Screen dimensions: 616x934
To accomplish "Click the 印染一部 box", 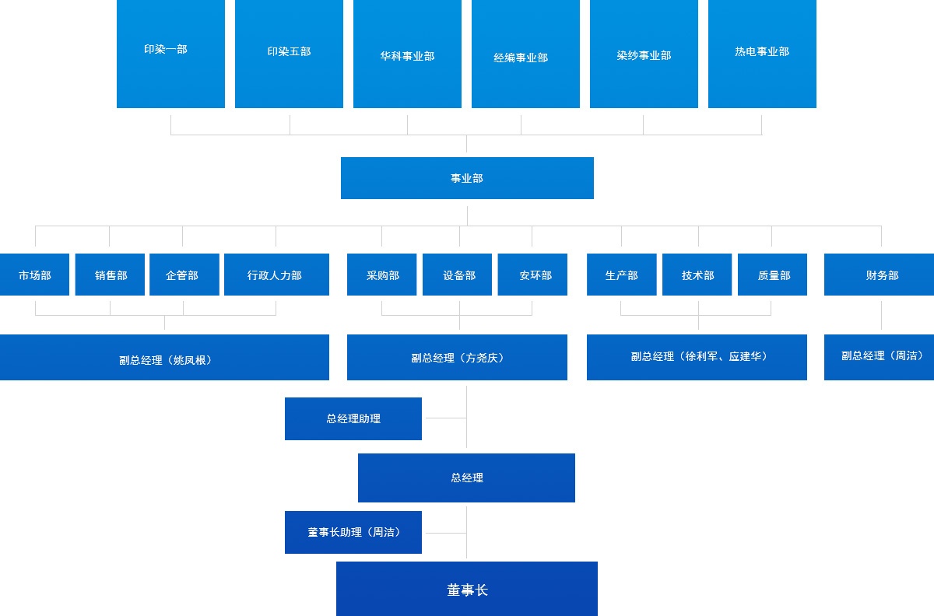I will pyautogui.click(x=170, y=53).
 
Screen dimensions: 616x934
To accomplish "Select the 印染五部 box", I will pyautogui.click(x=289, y=53).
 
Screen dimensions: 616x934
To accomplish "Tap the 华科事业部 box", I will pyautogui.click(x=407, y=54).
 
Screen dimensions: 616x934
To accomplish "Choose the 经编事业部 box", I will pyautogui.click(x=525, y=54).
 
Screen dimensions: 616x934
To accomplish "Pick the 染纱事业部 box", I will pyautogui.click(x=644, y=54).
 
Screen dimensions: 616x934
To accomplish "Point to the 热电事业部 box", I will pyautogui.click(x=762, y=53).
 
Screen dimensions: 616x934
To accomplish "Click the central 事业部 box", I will pyautogui.click(x=467, y=178).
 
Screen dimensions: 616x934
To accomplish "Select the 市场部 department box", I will pyautogui.click(x=35, y=275).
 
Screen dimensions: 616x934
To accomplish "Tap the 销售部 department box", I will pyautogui.click(x=110, y=275).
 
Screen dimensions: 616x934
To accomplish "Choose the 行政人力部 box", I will pyautogui.click(x=276, y=275).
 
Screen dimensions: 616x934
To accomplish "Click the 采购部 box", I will pyautogui.click(x=382, y=275).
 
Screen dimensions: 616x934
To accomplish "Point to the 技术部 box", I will pyautogui.click(x=697, y=275).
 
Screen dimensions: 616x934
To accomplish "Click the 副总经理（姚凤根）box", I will pyautogui.click(x=164, y=358).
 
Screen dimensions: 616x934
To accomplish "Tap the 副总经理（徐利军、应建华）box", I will pyautogui.click(x=697, y=357).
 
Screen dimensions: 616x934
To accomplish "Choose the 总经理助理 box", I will pyautogui.click(x=353, y=418).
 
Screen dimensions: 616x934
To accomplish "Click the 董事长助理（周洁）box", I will pyautogui.click(x=353, y=532).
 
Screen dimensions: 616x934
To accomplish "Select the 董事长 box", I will pyautogui.click(x=467, y=589).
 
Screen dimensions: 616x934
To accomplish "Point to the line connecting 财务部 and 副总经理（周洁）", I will pyautogui.click(x=881, y=315).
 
